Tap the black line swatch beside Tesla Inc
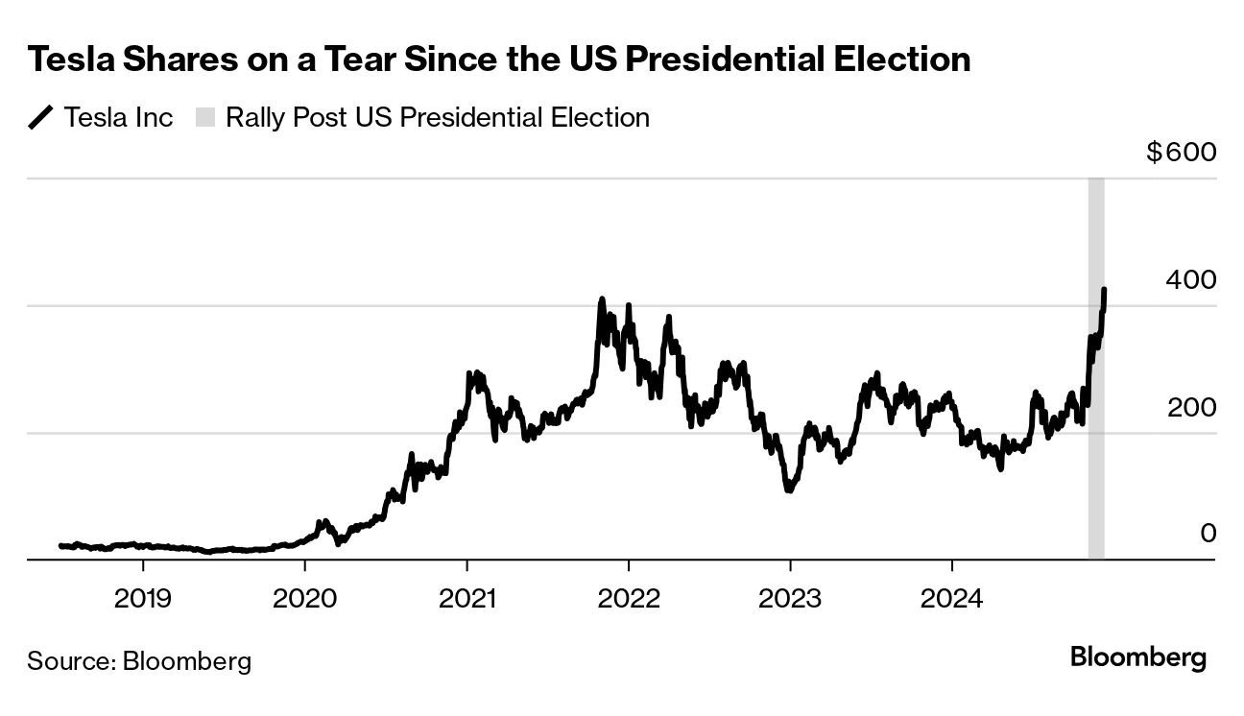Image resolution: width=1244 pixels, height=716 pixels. [x=41, y=118]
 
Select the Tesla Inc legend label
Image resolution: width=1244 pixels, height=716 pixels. [x=118, y=118]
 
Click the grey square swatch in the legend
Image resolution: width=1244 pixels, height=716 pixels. [x=205, y=118]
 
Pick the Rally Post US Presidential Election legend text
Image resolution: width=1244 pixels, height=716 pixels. [x=438, y=118]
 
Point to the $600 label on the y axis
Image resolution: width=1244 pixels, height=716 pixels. [x=1181, y=153]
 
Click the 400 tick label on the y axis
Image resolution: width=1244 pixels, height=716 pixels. [x=1190, y=280]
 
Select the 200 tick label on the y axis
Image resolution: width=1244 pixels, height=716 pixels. [x=1190, y=407]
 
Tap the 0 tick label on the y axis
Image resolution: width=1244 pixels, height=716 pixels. [x=1208, y=534]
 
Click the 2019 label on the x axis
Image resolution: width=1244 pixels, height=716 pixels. [x=142, y=599]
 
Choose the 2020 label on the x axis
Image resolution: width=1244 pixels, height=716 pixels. [x=304, y=599]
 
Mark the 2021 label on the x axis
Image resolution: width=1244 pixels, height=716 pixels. [x=466, y=599]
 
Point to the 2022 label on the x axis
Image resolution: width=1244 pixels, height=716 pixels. [x=629, y=599]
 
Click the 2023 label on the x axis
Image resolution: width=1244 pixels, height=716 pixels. [x=790, y=599]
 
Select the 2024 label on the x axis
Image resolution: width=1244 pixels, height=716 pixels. [x=952, y=599]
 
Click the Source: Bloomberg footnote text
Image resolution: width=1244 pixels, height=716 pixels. [x=139, y=661]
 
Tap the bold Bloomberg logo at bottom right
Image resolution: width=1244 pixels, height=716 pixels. [x=1137, y=658]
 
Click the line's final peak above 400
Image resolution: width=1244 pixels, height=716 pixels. [x=1105, y=289]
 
